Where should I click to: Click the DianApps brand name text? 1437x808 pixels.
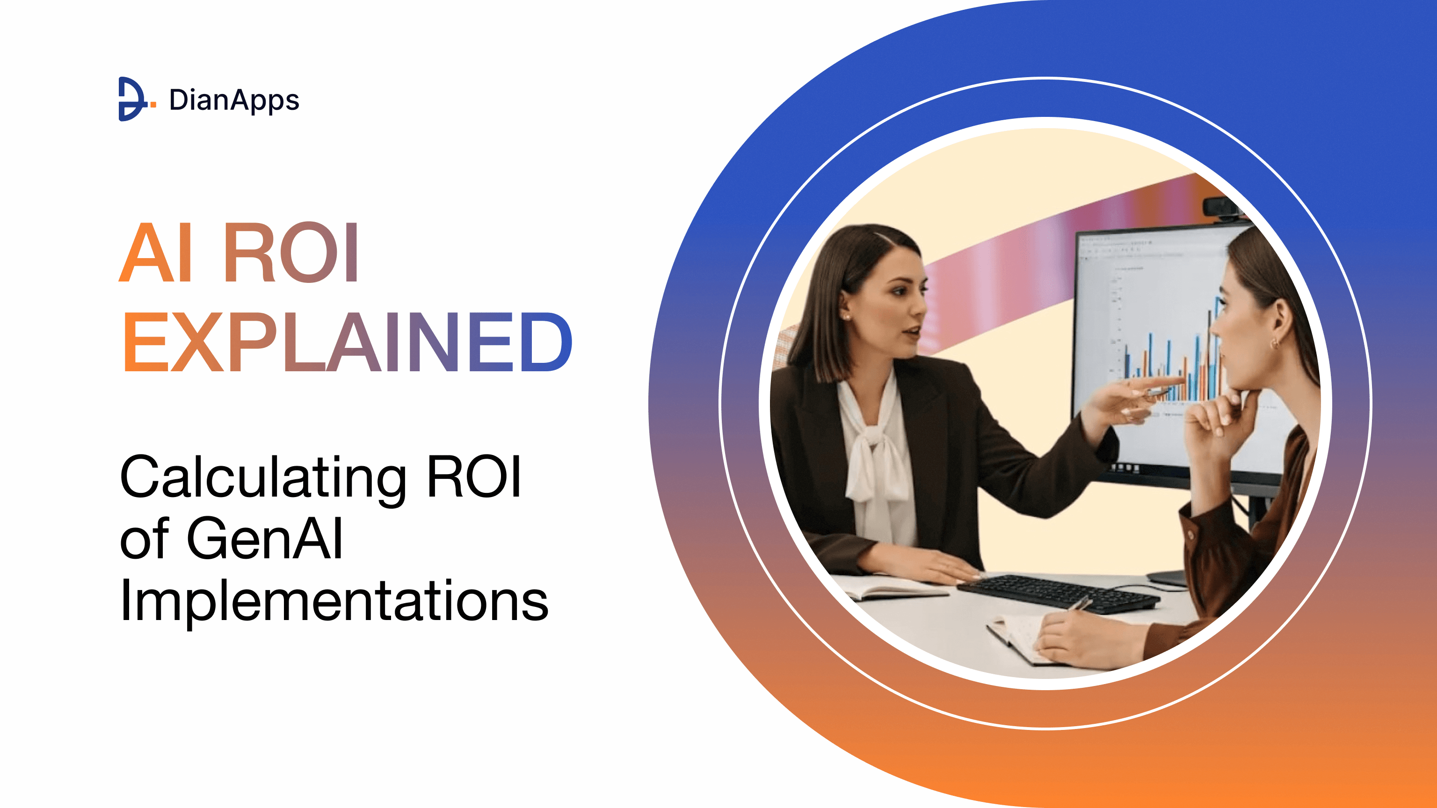pos(234,101)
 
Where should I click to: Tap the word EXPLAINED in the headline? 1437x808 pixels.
pos(347,341)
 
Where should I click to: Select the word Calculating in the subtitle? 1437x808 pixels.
pos(263,477)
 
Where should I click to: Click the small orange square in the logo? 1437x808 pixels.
pos(153,104)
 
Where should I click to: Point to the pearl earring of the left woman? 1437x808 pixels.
pos(847,317)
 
